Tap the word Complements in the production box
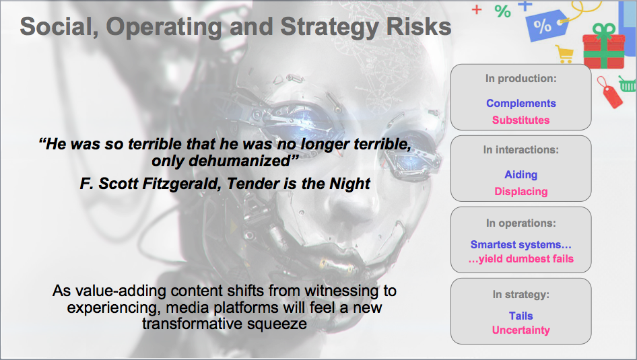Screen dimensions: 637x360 [x=521, y=103]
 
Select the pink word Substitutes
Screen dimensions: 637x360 [x=521, y=120]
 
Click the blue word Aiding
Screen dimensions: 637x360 [x=521, y=175]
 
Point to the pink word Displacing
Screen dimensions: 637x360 [x=521, y=192]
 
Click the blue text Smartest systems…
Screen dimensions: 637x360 [x=521, y=245]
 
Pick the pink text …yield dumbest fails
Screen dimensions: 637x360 [x=521, y=259]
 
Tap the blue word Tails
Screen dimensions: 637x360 [x=521, y=316]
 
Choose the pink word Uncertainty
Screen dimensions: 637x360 [x=521, y=330]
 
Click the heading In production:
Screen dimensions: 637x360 [x=521, y=78]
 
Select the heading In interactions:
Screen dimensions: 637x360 [x=521, y=150]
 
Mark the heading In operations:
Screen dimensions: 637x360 [x=521, y=223]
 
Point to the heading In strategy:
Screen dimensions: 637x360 [x=521, y=294]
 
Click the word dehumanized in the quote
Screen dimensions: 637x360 [x=239, y=161]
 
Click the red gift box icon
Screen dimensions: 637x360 [x=604, y=46]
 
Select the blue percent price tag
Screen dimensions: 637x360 [x=546, y=25]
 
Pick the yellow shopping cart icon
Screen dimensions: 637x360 [x=565, y=54]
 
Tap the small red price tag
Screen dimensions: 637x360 [x=610, y=93]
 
